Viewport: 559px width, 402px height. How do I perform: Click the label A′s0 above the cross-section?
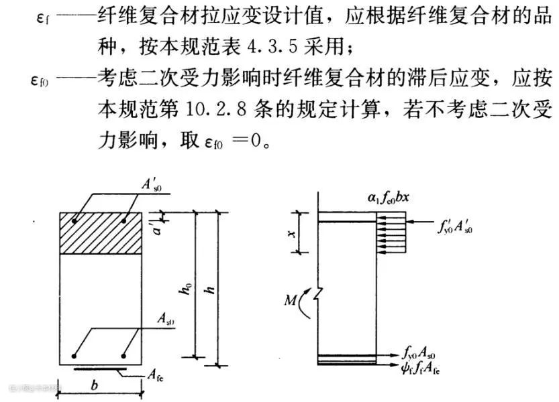(x=152, y=186)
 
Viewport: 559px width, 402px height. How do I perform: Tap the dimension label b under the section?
(x=94, y=385)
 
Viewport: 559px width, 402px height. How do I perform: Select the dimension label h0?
(x=185, y=289)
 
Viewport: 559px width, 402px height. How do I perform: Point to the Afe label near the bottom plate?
(x=156, y=375)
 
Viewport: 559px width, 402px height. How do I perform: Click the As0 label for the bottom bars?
(x=166, y=319)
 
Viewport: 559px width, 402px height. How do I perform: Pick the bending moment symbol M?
(x=290, y=301)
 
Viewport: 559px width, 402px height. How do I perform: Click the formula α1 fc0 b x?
(x=389, y=197)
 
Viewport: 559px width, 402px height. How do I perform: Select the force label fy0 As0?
(x=419, y=352)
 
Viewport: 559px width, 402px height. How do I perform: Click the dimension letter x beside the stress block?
(x=292, y=234)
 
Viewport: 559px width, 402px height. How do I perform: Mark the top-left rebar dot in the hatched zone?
(x=74, y=221)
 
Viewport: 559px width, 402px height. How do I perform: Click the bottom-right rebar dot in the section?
(x=123, y=356)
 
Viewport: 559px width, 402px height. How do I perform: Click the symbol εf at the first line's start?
(x=43, y=19)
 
